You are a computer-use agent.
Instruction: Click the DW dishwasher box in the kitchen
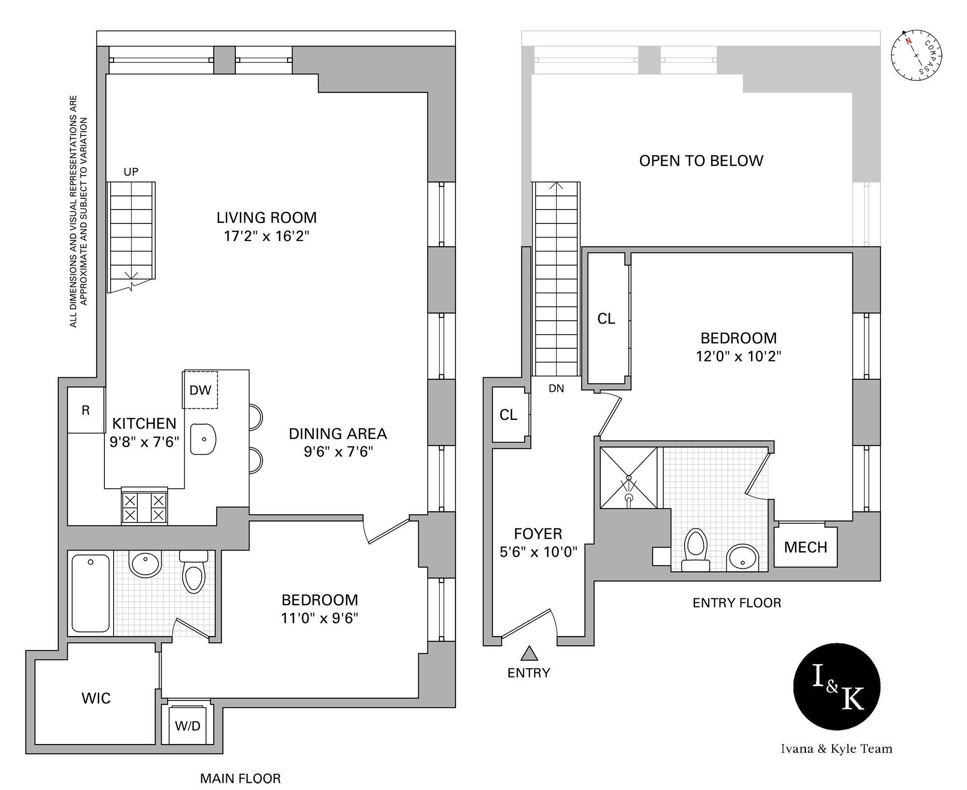pos(200,390)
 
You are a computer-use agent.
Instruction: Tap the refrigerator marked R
pos(86,410)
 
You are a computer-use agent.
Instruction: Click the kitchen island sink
pos(203,439)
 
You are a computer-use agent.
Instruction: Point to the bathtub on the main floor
pos(90,593)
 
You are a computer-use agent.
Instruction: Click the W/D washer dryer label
pos(188,726)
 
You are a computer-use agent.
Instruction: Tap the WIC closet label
pos(96,698)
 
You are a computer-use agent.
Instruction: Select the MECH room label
pos(806,547)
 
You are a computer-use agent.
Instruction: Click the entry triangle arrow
pos(529,654)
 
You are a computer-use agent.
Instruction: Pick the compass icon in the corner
pos(916,55)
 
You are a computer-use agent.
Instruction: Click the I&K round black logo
pos(836,686)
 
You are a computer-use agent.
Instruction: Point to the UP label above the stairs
pos(131,172)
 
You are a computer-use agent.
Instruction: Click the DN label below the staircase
pos(556,388)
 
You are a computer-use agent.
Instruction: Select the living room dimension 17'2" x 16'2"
pos(266,236)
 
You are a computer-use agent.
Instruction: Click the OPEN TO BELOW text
pos(701,161)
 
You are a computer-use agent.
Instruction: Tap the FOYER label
pos(538,534)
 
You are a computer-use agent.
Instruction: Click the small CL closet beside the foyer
pos(508,415)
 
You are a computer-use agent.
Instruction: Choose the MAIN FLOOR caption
pos(240,778)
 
